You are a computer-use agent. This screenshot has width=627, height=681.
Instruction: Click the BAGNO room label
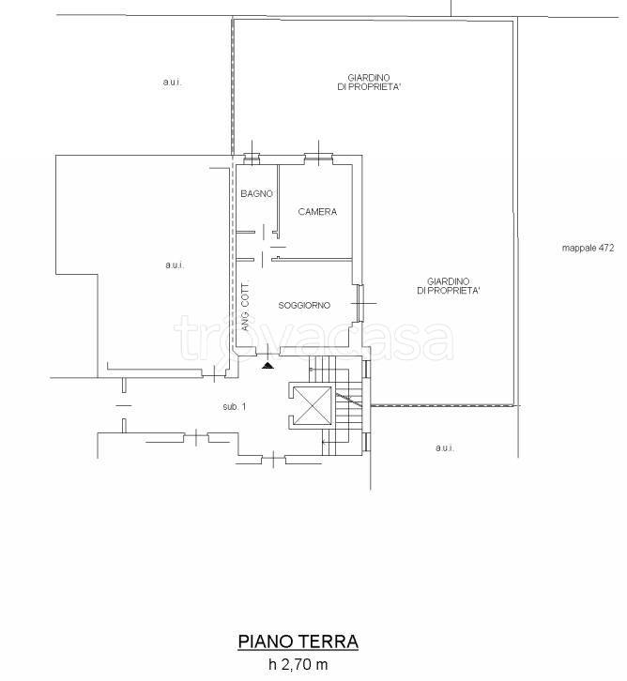click(x=257, y=194)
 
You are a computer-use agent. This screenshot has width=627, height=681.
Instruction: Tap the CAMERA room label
click(x=317, y=212)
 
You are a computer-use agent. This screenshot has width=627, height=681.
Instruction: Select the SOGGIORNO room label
click(x=304, y=305)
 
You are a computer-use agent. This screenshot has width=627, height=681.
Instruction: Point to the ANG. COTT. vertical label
click(x=246, y=307)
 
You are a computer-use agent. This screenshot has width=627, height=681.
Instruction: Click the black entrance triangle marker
click(x=268, y=366)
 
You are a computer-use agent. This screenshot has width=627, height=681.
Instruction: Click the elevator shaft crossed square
click(x=313, y=405)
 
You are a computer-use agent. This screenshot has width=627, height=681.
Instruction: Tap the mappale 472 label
click(x=588, y=248)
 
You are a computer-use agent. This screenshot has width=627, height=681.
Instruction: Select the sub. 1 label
click(x=235, y=407)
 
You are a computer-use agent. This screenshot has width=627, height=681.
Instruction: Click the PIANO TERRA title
click(x=298, y=642)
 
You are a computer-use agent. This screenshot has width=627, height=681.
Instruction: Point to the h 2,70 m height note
click(x=298, y=664)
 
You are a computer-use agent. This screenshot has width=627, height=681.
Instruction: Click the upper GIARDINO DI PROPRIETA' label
click(x=369, y=83)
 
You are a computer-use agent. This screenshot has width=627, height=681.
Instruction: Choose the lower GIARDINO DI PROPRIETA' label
click(x=449, y=286)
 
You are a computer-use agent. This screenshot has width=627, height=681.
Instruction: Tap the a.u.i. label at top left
click(x=172, y=82)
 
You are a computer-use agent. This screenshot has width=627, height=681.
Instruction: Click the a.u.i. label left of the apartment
click(x=175, y=265)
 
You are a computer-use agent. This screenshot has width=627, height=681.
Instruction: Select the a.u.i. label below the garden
click(x=445, y=447)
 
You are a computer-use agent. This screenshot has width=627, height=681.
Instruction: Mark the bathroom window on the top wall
click(x=252, y=158)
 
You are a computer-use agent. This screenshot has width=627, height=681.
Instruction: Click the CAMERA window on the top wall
click(x=319, y=158)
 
